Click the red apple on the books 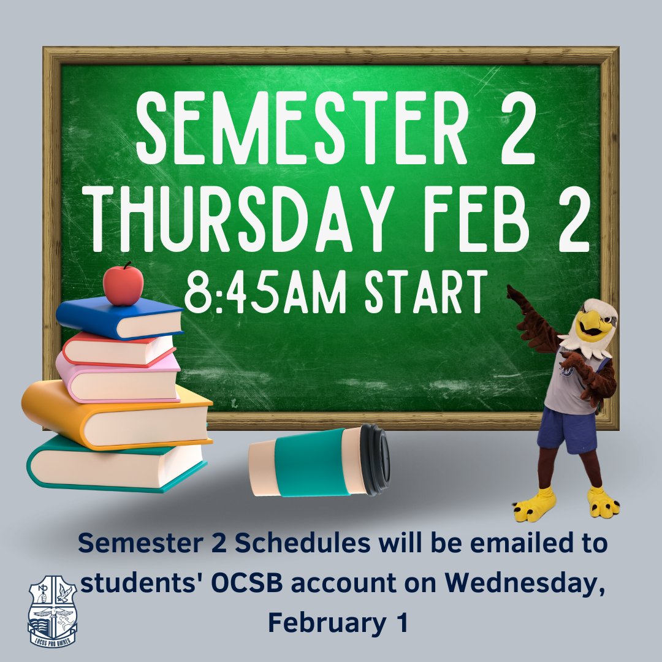(x=123, y=285)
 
